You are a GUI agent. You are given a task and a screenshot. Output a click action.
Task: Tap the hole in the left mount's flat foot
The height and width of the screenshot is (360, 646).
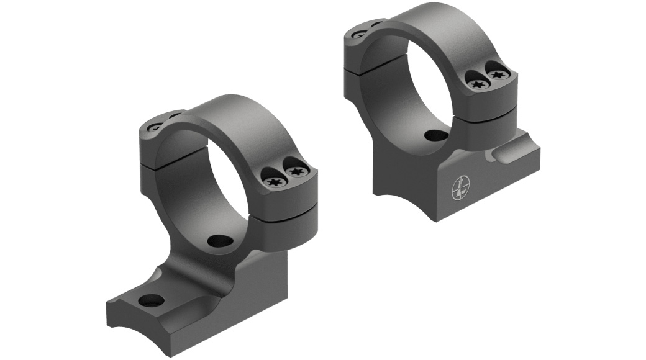[151, 301]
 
